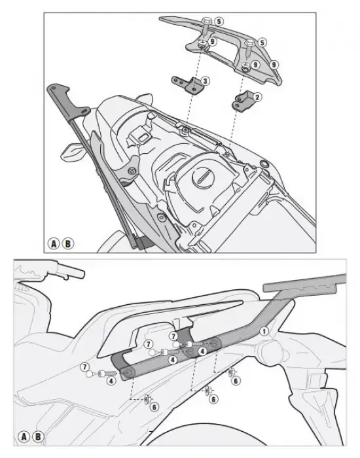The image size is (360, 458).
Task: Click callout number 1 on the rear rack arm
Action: [264, 331]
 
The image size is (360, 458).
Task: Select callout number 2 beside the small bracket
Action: [257, 97]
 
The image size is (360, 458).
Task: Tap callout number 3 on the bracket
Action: [205, 80]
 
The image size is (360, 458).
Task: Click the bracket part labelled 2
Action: [242, 102]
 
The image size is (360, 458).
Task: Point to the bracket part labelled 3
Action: [187, 84]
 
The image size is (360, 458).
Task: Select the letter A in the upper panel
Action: [54, 243]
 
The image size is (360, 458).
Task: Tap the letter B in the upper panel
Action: [68, 243]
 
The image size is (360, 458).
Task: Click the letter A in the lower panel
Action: [24, 437]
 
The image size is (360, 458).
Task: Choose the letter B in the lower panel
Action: [38, 437]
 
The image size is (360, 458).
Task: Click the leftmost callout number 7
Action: [84, 366]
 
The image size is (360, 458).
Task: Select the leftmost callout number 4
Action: [111, 381]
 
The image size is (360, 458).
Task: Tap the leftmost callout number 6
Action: [154, 406]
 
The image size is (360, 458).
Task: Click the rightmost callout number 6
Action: [236, 381]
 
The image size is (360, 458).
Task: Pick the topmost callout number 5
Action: [219, 22]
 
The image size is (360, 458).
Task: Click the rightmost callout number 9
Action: [274, 64]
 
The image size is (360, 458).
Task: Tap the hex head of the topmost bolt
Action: [207, 21]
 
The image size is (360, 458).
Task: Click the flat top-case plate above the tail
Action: [304, 283]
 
